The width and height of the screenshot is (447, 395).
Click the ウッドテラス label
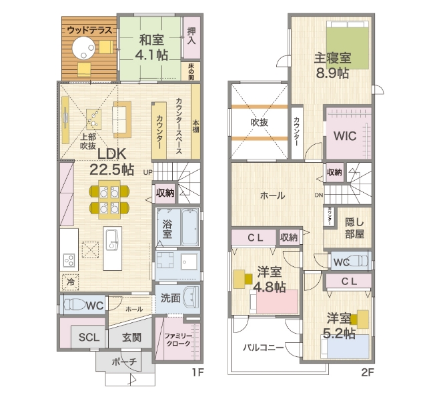(89, 30)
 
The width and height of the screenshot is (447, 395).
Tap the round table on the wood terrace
(83, 49)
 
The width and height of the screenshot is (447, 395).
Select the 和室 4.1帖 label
(151, 47)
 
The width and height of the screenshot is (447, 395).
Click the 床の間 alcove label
(191, 71)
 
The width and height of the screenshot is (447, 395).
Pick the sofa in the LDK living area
(122, 119)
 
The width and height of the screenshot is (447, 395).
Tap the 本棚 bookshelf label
(195, 126)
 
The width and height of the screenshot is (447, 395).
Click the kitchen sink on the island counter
(112, 240)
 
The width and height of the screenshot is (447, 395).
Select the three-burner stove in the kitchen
(69, 260)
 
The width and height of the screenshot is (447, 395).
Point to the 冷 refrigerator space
(70, 282)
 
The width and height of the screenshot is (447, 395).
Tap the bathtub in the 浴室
(190, 228)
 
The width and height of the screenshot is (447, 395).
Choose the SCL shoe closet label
(89, 338)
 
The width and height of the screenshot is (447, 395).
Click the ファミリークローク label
(178, 340)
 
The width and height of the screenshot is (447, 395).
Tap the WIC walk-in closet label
(345, 136)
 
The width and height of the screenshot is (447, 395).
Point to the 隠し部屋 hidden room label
(354, 228)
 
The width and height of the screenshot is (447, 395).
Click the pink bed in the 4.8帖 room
(274, 302)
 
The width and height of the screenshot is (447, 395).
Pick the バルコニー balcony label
(263, 348)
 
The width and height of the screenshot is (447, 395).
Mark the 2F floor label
(368, 372)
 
